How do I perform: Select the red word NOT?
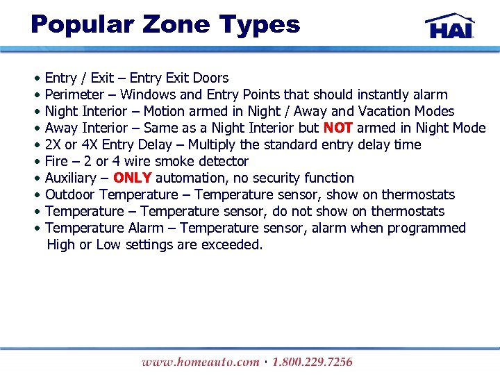(x=338, y=128)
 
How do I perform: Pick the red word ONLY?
(x=132, y=178)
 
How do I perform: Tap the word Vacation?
(x=385, y=111)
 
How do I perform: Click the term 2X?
(x=53, y=144)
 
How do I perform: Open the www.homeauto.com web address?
(x=199, y=362)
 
